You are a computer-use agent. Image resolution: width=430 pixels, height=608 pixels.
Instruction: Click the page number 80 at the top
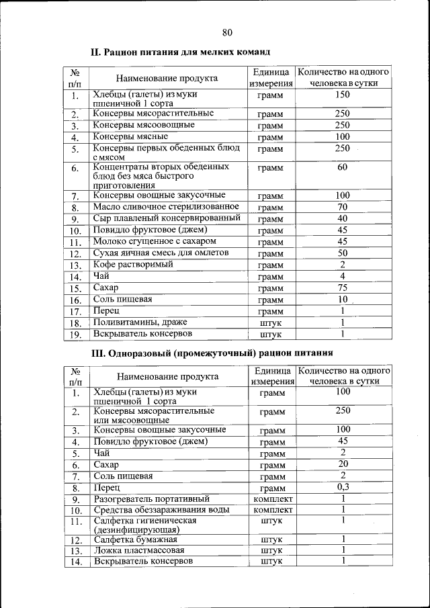(x=226, y=32)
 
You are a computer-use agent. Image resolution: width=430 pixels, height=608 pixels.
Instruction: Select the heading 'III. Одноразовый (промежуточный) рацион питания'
(x=212, y=353)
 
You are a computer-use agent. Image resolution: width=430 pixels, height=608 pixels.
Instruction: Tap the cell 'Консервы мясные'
(x=130, y=136)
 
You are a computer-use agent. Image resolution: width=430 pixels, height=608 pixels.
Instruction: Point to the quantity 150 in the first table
(x=343, y=95)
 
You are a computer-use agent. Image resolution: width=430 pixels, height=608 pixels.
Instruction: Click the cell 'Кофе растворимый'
(x=132, y=265)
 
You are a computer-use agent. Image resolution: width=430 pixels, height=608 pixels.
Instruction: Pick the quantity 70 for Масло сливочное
(x=343, y=207)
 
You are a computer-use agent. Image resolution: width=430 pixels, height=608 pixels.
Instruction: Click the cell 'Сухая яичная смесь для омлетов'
(x=161, y=253)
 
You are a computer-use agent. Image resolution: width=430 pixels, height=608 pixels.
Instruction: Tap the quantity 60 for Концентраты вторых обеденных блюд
(x=343, y=167)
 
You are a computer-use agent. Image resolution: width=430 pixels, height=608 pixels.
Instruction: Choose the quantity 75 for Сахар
(x=343, y=288)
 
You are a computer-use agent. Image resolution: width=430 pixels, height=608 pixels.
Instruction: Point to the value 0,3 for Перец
(x=343, y=487)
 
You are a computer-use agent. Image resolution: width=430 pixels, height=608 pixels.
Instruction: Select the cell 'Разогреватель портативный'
(x=152, y=499)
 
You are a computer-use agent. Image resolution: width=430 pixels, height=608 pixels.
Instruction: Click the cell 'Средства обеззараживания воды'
(x=161, y=510)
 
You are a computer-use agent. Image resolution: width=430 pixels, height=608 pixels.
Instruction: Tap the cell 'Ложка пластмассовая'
(x=138, y=550)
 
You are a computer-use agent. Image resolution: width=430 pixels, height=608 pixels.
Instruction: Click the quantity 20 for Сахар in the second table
(x=343, y=464)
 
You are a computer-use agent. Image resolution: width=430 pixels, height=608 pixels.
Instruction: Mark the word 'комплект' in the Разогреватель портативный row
(x=271, y=499)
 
